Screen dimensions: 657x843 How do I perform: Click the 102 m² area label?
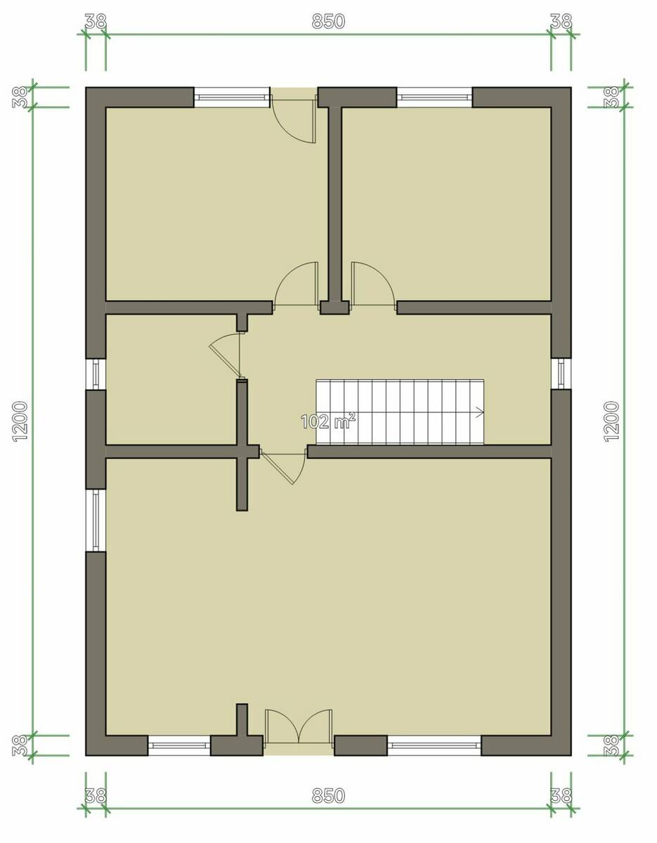pyautogui.click(x=328, y=421)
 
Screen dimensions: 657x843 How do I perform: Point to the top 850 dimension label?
pyautogui.click(x=328, y=21)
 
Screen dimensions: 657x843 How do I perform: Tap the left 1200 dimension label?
pyautogui.click(x=20, y=421)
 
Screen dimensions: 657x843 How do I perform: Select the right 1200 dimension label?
pyautogui.click(x=611, y=421)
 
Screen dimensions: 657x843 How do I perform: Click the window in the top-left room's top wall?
pyautogui.click(x=232, y=97)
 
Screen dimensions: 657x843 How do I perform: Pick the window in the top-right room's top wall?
pyautogui.click(x=435, y=97)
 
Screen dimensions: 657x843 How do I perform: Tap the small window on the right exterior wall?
pyautogui.click(x=561, y=374)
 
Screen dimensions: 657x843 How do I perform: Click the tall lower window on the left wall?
pyautogui.click(x=96, y=521)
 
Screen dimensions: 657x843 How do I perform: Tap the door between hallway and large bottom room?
pyautogui.click(x=283, y=466)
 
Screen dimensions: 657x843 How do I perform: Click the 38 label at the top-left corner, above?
pyautogui.click(x=96, y=21)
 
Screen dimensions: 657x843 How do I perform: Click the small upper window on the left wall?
pyautogui.click(x=96, y=374)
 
